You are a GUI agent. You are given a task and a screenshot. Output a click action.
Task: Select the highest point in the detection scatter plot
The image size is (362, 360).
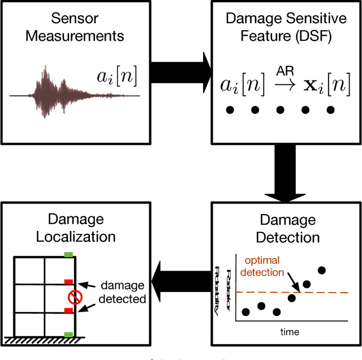[x=322, y=270]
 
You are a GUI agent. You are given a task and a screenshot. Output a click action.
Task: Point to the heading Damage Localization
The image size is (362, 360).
[x=75, y=228]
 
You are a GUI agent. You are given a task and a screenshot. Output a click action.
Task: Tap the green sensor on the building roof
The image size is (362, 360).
[x=69, y=254]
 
